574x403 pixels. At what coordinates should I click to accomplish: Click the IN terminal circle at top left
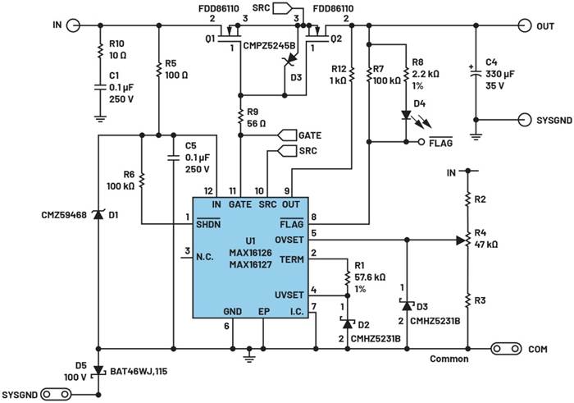point(73,26)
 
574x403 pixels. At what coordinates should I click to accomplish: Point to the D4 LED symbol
point(407,114)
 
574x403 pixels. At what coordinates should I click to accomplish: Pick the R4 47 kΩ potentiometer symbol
point(467,240)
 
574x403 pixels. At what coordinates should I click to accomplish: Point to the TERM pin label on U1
point(292,258)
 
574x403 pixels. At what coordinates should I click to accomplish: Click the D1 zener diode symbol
point(98,216)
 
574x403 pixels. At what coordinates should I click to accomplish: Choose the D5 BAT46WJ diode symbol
point(98,370)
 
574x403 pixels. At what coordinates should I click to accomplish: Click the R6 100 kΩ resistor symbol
point(142,178)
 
